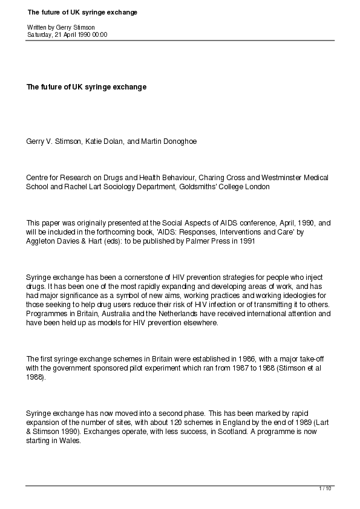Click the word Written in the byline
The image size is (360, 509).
pyautogui.click(x=35, y=28)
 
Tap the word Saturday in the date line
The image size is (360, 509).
pyautogui.click(x=39, y=35)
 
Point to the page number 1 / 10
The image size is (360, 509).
pyautogui.click(x=325, y=488)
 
